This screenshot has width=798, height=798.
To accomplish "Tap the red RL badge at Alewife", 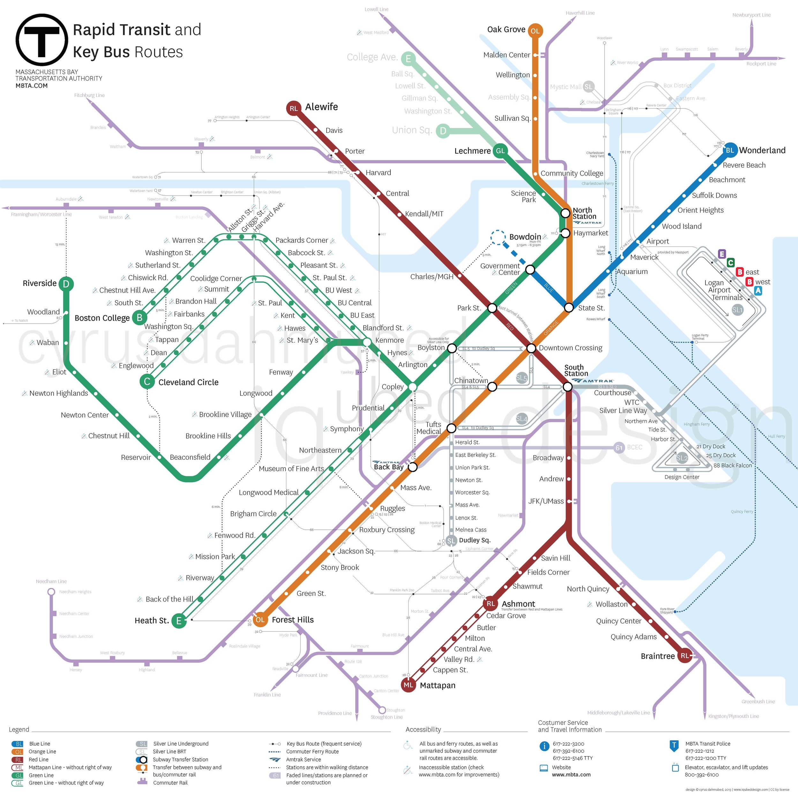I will click(x=293, y=108).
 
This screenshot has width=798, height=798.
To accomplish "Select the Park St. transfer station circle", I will click(x=492, y=308).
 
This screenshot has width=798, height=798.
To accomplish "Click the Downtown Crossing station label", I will click(x=570, y=348).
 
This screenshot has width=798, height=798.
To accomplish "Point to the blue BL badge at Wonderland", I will click(x=730, y=150).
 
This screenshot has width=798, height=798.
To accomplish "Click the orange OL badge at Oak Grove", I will click(x=535, y=31).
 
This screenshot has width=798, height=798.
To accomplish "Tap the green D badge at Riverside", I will click(x=66, y=284).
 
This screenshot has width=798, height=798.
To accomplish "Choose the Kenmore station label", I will click(x=389, y=340).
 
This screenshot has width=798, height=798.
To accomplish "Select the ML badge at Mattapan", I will click(x=408, y=685).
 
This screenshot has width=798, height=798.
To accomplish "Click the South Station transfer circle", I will click(x=568, y=387).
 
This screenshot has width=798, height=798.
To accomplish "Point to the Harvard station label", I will click(x=378, y=173).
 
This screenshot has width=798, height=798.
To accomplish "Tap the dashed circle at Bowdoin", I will click(x=498, y=237).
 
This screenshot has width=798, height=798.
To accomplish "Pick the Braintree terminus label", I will click(x=658, y=656).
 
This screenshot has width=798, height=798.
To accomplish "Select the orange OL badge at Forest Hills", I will click(x=260, y=620).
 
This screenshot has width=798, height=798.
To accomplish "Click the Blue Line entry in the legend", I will click(x=40, y=743).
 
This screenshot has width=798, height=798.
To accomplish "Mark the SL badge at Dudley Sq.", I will click(x=451, y=540).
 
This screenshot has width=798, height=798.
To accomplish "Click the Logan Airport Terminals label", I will click(x=719, y=290).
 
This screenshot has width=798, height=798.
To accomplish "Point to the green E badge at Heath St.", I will click(x=179, y=621).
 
